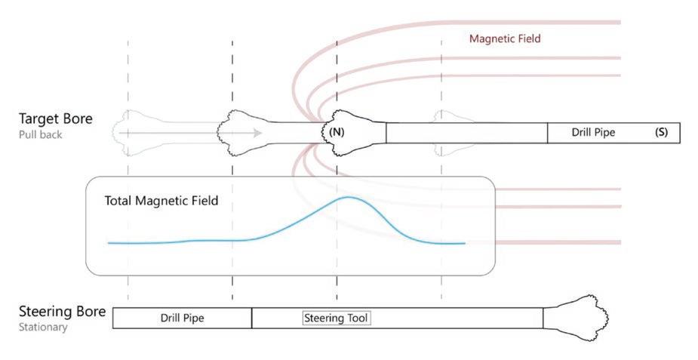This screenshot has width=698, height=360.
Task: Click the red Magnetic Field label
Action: click(505, 38)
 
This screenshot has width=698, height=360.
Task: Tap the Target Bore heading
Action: click(56, 118)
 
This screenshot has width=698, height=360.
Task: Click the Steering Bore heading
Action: click(61, 311)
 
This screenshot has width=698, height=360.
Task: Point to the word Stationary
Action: click(43, 328)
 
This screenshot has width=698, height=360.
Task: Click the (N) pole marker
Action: click(337, 132)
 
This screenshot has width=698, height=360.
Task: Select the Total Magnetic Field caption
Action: click(161, 201)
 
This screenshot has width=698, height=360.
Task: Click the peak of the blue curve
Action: click(348, 197)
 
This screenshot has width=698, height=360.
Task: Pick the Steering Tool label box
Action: click(337, 318)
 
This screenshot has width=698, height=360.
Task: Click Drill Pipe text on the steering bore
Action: click(183, 318)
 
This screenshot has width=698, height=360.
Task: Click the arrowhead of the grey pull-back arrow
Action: click(258, 133)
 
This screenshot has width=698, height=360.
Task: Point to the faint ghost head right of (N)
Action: click(449, 127)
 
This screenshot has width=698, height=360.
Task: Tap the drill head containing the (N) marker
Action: click(349, 131)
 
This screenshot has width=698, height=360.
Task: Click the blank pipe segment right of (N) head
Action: click(466, 133)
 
